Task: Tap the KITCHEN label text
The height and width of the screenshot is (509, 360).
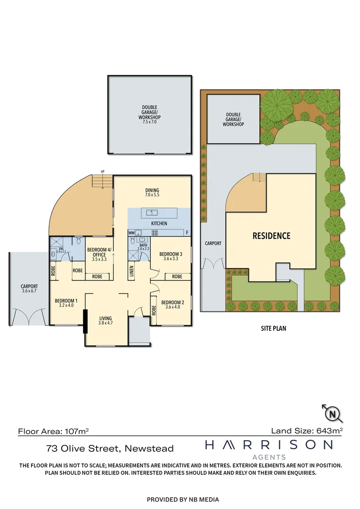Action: [x=159, y=223]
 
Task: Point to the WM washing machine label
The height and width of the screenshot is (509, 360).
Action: [x=131, y=233]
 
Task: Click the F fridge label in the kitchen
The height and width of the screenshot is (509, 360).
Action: [x=187, y=233]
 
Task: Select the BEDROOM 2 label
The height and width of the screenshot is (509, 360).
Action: [x=172, y=304]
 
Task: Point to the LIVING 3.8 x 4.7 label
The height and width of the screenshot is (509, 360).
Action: [x=106, y=321]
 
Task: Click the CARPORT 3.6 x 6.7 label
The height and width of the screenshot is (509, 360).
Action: [x=29, y=288]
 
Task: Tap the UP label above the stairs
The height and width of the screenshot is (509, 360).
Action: [x=102, y=171]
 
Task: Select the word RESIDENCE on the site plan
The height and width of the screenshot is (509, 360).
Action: [x=271, y=236]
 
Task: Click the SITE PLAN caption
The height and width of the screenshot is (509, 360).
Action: [x=273, y=328]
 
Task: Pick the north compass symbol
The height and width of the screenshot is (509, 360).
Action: [x=333, y=414]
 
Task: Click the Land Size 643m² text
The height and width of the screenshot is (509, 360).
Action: [x=307, y=430]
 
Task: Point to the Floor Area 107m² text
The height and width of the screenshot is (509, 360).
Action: [x=53, y=431]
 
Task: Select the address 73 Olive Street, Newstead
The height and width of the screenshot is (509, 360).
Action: [x=110, y=449]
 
